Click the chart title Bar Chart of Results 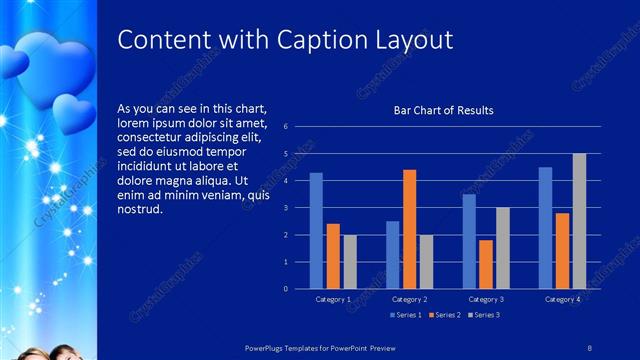pyautogui.click(x=443, y=110)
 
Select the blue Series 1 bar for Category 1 pyautogui.click(x=316, y=231)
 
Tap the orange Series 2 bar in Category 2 pyautogui.click(x=409, y=229)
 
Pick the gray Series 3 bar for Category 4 pyautogui.click(x=579, y=221)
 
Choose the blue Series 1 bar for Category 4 pyautogui.click(x=545, y=228)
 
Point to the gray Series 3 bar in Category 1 pyautogui.click(x=349, y=262)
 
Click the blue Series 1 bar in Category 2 pyautogui.click(x=392, y=255)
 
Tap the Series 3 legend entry pyautogui.click(x=484, y=315)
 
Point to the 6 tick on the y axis pyautogui.click(x=286, y=127)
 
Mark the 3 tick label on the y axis pyautogui.click(x=286, y=208)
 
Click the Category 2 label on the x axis pyautogui.click(x=409, y=299)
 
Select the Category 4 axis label pyautogui.click(x=561, y=299)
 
